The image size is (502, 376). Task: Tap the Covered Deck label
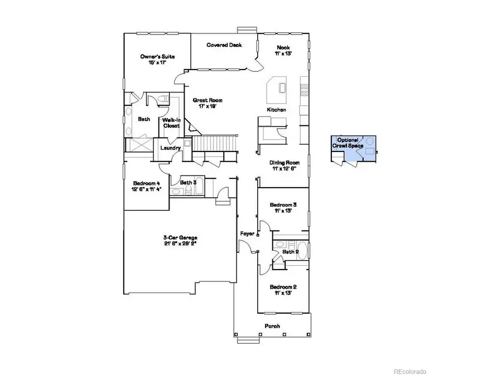point(224,45)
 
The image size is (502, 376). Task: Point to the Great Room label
point(207,104)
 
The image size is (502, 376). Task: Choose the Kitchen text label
point(276,110)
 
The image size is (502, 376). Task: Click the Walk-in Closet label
point(171,123)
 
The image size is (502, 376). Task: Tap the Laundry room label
point(170,148)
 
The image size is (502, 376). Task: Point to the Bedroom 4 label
point(147,187)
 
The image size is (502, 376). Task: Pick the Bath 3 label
point(187,182)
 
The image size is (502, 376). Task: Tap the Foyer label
point(247,233)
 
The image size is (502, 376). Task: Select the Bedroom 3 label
point(283,208)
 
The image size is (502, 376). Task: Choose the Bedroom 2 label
point(283,290)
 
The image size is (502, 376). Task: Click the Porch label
point(272,326)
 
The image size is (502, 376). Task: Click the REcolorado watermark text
point(410,371)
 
